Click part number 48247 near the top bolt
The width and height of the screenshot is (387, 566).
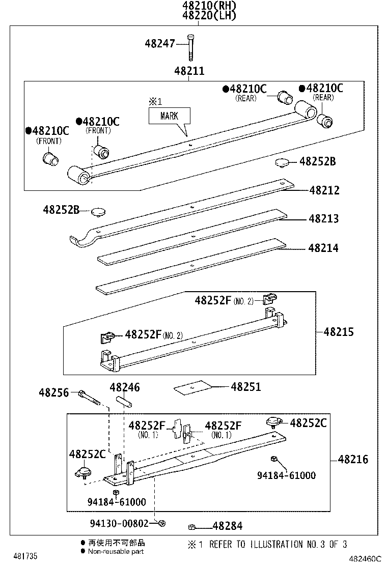pyautogui.click(x=160, y=44)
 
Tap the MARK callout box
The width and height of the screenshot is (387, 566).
pyautogui.click(x=170, y=116)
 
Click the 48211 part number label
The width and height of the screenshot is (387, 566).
pyautogui.click(x=189, y=71)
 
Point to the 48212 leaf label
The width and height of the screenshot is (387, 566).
pyautogui.click(x=324, y=190)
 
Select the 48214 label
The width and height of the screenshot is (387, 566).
pyautogui.click(x=323, y=248)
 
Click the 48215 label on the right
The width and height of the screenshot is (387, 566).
pyautogui.click(x=338, y=332)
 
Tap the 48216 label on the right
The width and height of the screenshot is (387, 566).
pyautogui.click(x=352, y=460)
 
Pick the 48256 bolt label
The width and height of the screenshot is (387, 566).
pyautogui.click(x=54, y=392)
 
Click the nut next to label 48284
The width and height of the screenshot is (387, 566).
pyautogui.click(x=192, y=527)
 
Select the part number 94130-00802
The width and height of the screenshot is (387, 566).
pyautogui.click(x=121, y=523)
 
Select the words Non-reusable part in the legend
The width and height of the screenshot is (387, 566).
pyautogui.click(x=115, y=551)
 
